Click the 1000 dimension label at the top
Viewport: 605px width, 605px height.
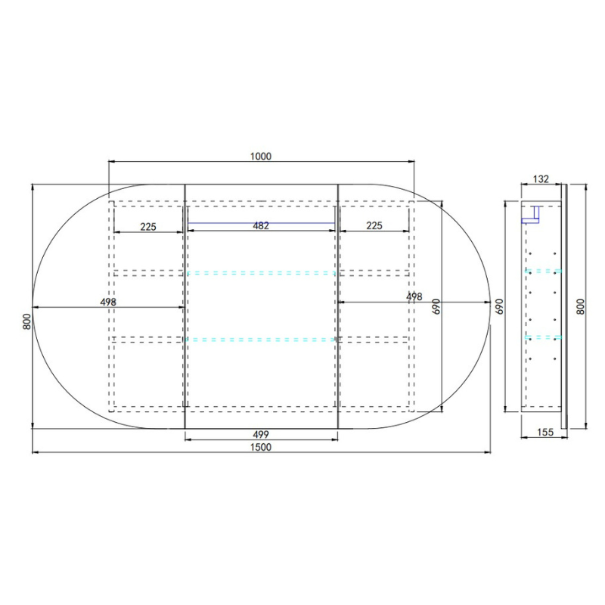pyautogui.click(x=260, y=157)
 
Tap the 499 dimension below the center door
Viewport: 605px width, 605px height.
pyautogui.click(x=260, y=433)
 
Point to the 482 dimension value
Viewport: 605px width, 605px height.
pyautogui.click(x=260, y=225)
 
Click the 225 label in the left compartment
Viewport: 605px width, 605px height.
pyautogui.click(x=147, y=225)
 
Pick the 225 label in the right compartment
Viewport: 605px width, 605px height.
pyautogui.click(x=374, y=225)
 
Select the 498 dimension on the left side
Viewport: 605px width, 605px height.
pyautogui.click(x=107, y=302)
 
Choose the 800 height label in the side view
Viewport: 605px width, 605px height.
pyautogui.click(x=581, y=306)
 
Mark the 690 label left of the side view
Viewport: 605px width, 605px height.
pyautogui.click(x=499, y=306)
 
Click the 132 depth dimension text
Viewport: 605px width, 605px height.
pyautogui.click(x=541, y=179)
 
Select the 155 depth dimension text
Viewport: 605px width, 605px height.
pyautogui.click(x=546, y=433)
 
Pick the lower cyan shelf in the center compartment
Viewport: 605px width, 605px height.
pyautogui.click(x=260, y=340)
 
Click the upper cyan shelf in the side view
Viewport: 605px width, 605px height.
pyautogui.click(x=543, y=270)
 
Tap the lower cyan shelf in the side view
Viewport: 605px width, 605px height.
pyautogui.click(x=543, y=337)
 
